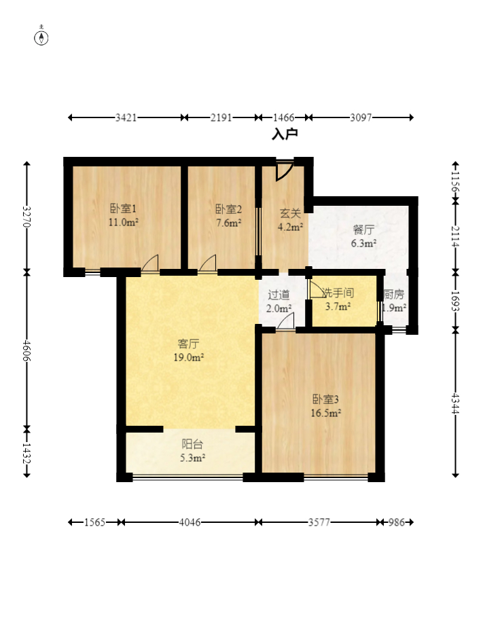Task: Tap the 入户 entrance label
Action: tap(285, 134)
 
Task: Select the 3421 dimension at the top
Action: tap(126, 117)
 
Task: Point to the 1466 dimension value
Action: tap(284, 117)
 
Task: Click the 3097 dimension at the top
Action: tap(361, 117)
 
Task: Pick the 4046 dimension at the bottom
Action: tap(190, 522)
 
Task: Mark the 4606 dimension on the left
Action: tap(26, 350)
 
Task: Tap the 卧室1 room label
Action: tap(123, 209)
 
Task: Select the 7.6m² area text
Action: tap(228, 222)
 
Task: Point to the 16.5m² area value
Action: tap(326, 412)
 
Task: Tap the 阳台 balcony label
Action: tap(192, 444)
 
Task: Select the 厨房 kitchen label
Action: tap(394, 294)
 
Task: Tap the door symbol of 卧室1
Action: tap(150, 263)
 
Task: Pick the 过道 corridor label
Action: tap(279, 295)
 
